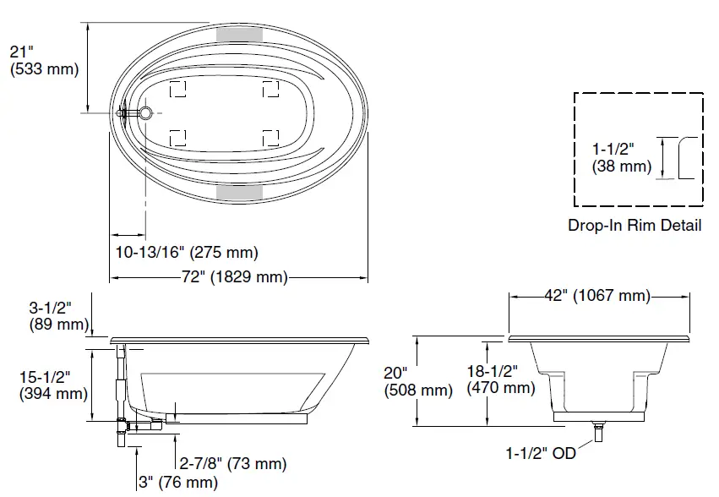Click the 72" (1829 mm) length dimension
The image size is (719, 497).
pos(236,277)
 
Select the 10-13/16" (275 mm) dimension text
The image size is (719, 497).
pos(187,252)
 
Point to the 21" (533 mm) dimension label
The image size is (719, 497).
pos(43,61)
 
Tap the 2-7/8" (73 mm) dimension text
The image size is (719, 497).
pos(232,463)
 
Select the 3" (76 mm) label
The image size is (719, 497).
pos(178,483)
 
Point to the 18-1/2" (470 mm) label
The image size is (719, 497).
pos(501,380)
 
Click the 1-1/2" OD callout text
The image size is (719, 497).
pos(541,454)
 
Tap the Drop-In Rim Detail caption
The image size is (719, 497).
pos(634,226)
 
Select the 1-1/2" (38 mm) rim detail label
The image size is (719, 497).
pos(622,158)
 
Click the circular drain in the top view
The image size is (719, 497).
pos(146,112)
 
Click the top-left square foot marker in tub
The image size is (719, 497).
pos(178,88)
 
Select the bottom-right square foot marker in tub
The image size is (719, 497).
pos(270,137)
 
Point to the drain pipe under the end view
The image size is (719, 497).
pos(599,432)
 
